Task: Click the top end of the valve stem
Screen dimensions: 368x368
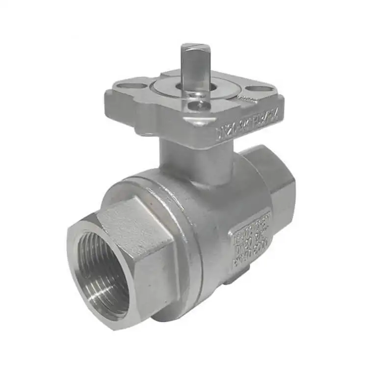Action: coord(195,48)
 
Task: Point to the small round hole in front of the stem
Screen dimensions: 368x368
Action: coord(200,104)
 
